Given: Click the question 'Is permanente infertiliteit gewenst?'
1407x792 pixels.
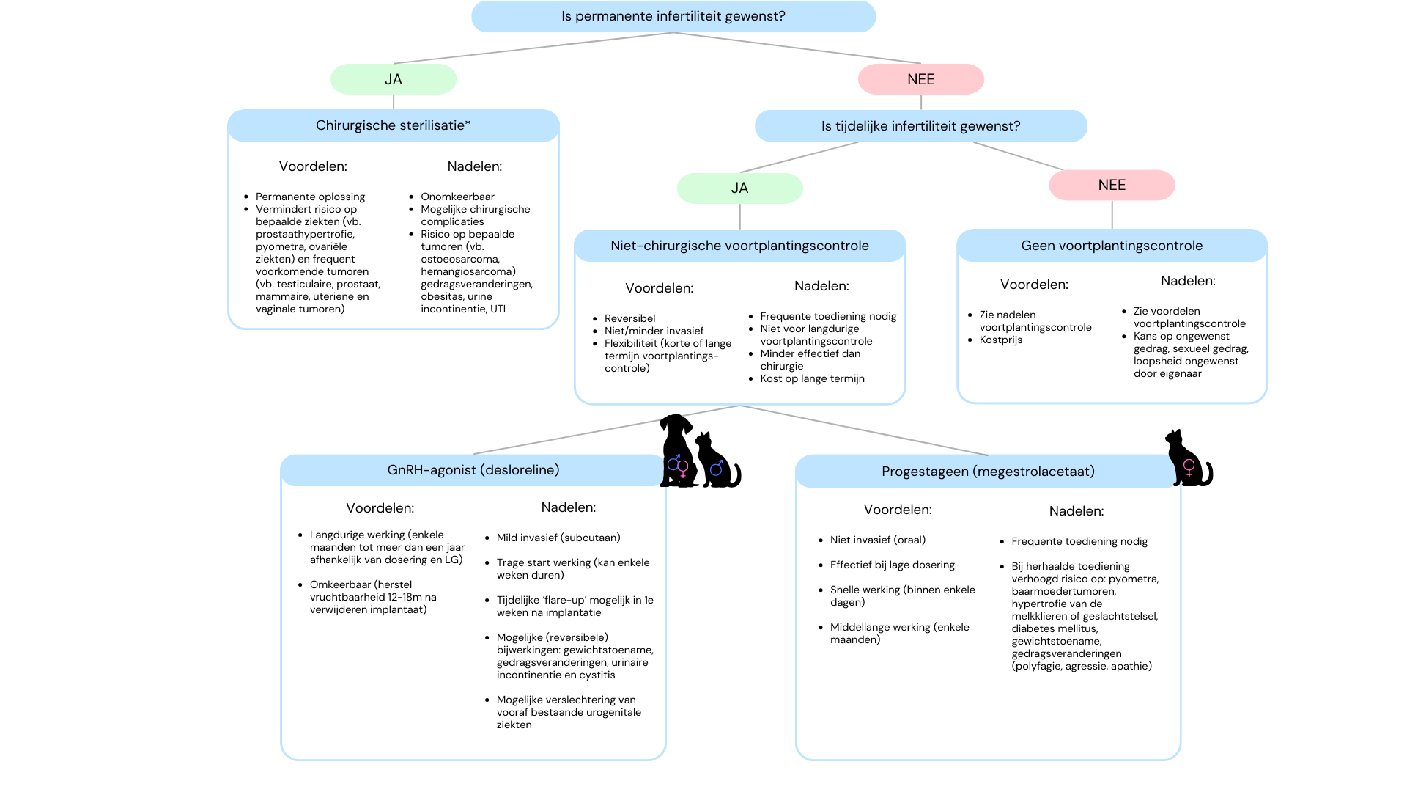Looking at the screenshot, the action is click(673, 16).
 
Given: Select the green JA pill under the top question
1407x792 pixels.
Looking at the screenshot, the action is click(394, 79).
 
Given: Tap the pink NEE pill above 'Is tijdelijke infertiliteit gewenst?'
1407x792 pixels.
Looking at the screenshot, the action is click(921, 79).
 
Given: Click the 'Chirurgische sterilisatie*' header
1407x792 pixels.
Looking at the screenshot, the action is click(394, 125).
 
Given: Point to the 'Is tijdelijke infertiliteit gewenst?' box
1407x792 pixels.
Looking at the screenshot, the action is click(921, 126).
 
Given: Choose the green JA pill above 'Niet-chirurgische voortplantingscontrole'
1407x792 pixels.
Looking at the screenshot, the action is click(740, 188).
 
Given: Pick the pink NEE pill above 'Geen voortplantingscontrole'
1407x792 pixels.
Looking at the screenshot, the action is click(1112, 185).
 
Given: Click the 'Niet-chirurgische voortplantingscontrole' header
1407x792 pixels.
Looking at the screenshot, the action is click(740, 246).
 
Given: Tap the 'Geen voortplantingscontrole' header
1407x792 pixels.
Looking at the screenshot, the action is click(1112, 246).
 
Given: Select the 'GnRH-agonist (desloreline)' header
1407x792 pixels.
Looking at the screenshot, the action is click(473, 470).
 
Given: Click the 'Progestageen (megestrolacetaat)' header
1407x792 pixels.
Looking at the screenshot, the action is click(989, 472).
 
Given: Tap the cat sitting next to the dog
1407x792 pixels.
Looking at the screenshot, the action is click(717, 461).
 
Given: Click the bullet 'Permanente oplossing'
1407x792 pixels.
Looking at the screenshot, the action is click(310, 197).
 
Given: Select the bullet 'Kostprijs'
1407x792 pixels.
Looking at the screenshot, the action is click(1001, 340).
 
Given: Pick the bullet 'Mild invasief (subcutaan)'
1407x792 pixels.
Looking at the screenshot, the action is click(558, 538).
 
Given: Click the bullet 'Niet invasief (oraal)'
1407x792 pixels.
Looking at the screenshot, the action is click(878, 540).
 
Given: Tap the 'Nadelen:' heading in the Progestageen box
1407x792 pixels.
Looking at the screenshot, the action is click(1077, 511).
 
